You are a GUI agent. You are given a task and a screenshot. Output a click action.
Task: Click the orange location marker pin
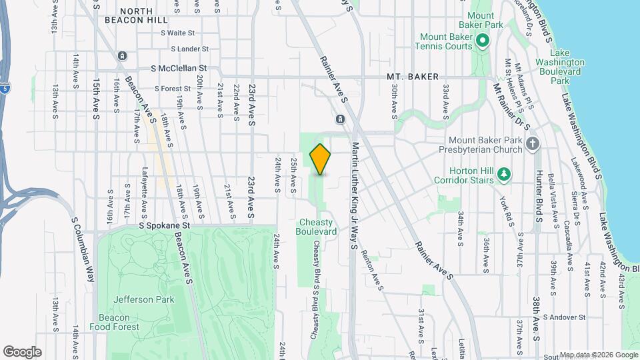coord(320,159)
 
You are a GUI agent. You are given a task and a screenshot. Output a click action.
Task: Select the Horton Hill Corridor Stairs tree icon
coord(505,175)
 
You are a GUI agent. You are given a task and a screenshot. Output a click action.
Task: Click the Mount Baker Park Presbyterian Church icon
coord(532,143)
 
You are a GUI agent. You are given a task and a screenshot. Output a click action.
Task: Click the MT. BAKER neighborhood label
coord(413,77)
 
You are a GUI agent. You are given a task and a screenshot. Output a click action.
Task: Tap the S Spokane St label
coord(165,226)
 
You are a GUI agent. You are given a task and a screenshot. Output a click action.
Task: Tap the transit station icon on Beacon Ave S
coord(121,56)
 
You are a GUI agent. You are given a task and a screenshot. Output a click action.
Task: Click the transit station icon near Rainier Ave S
coord(340,119)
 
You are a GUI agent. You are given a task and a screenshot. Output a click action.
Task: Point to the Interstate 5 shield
coord(6,87)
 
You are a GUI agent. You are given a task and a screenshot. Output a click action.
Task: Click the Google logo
coord(22,351)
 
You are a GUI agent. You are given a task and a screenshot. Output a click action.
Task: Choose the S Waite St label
coord(172,32)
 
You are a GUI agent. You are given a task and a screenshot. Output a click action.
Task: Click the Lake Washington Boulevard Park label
coord(564,67)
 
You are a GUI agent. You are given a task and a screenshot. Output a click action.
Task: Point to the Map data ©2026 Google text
coord(598,355)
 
